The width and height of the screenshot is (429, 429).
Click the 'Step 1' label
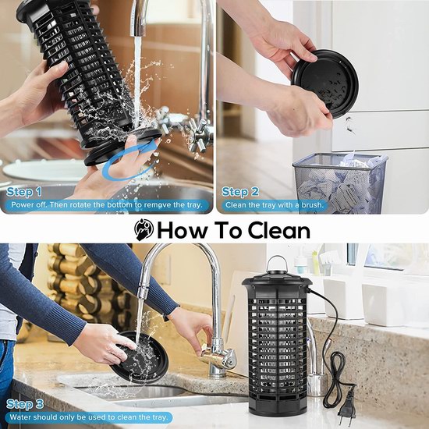click(24, 192)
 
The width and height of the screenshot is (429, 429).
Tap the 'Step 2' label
click(240, 192)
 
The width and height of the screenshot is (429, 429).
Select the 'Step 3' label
click(25, 404)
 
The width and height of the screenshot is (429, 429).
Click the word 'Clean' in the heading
click(278, 230)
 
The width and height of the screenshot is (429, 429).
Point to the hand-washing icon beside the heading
click(144, 230)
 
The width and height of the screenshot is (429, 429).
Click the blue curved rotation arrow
click(129, 161)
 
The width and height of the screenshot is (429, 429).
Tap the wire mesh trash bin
click(340, 183)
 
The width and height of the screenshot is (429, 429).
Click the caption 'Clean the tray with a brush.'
click(274, 205)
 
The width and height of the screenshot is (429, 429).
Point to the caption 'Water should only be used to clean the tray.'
click(89, 417)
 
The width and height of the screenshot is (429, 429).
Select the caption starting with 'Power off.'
click(107, 205)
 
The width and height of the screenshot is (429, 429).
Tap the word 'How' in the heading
click(183, 230)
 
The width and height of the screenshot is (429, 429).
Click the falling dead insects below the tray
click(349, 125)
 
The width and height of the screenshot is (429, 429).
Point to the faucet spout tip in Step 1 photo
click(138, 33)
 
